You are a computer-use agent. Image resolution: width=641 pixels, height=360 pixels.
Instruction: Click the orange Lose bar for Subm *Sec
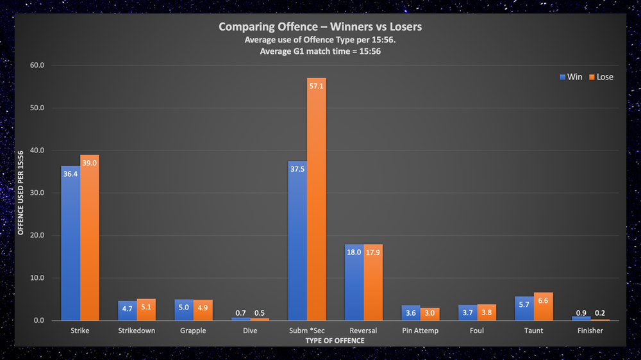(x=316, y=199)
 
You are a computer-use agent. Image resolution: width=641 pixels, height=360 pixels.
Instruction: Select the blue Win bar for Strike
(x=71, y=243)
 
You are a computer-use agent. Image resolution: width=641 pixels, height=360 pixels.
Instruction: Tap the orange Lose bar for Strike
(x=90, y=238)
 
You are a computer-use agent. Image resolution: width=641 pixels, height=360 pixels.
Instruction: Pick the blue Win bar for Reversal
(x=354, y=282)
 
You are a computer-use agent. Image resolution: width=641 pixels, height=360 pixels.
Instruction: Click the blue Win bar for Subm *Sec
(x=297, y=240)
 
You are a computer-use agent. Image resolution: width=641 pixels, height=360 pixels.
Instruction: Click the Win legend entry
(x=571, y=77)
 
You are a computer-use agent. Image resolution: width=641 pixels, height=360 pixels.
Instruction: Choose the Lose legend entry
(x=600, y=77)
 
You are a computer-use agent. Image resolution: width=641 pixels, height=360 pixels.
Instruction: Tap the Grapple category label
(x=193, y=331)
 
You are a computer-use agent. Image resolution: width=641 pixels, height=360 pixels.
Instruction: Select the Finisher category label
(x=590, y=331)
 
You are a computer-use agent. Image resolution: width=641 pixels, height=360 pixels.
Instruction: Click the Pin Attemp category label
(x=420, y=331)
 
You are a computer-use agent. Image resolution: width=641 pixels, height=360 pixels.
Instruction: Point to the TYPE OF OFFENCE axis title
(x=328, y=341)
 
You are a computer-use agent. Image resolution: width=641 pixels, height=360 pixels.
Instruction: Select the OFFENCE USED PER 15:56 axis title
(x=21, y=193)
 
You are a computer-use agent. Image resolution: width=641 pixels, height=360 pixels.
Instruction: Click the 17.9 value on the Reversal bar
(x=373, y=253)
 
